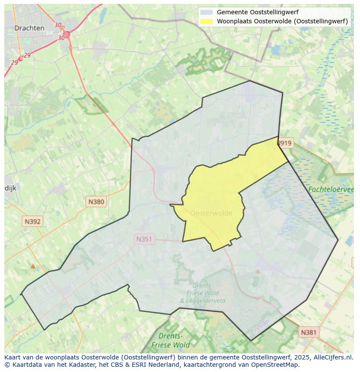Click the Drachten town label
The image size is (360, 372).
(x=29, y=28)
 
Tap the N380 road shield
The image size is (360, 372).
(x=96, y=201)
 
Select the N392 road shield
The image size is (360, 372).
(x=33, y=222)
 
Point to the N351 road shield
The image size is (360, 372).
(x=144, y=239)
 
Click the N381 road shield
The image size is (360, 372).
(x=309, y=332)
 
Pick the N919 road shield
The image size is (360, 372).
(x=285, y=143)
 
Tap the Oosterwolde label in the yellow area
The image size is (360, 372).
(x=211, y=213)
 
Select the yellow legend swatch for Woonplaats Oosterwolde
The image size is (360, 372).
(x=206, y=21)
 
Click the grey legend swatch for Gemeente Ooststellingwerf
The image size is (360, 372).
(x=206, y=12)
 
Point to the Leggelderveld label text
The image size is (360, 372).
(x=202, y=301)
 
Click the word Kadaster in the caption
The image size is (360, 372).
(x=83, y=365)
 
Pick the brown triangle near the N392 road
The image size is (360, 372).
(x=33, y=266)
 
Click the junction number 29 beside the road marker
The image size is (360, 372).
(x=27, y=55)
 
